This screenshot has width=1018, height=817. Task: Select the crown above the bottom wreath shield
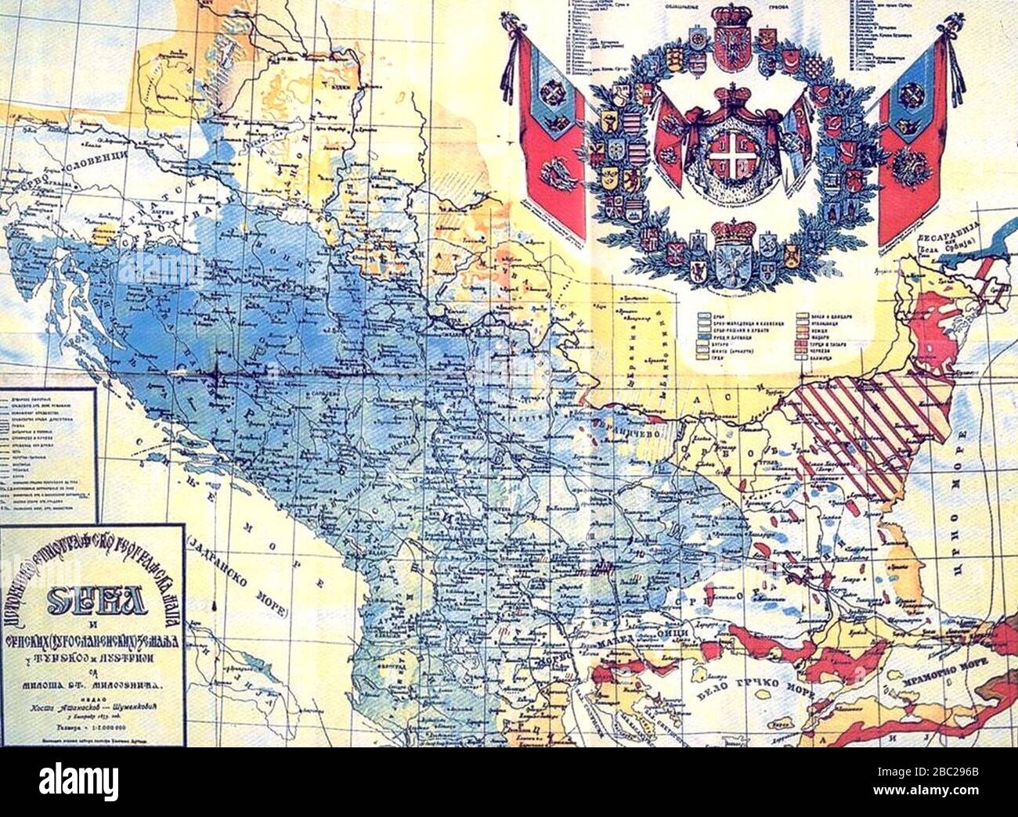coord(733,232)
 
